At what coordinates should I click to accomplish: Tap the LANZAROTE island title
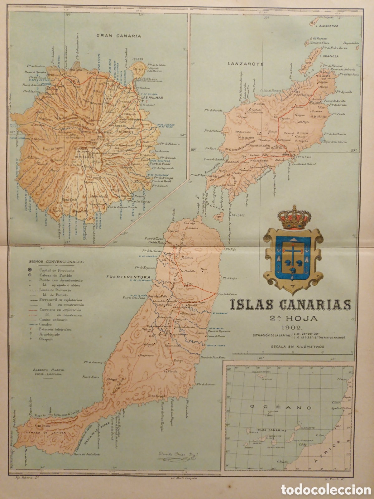coord(246,64)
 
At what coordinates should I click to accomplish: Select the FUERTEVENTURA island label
coord(128,277)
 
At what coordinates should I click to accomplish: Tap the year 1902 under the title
coord(290,327)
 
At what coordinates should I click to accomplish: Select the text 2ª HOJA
coord(290,318)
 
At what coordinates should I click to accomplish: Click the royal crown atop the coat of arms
coord(290,217)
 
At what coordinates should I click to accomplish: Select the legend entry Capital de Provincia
coord(57,270)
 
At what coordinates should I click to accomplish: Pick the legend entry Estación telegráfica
coord(55,329)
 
